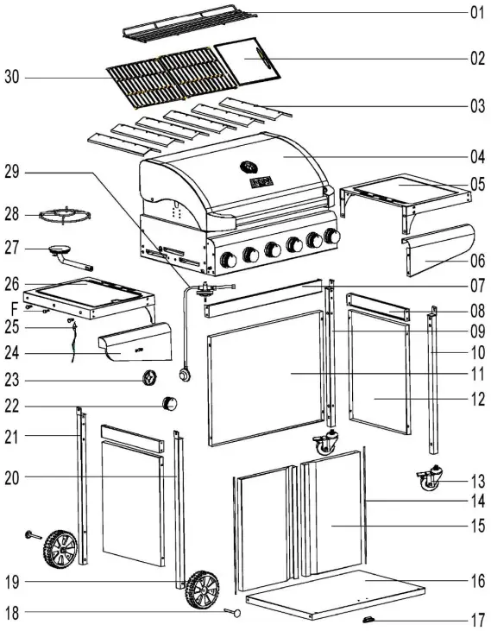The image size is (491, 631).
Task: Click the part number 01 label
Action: coord(477,13)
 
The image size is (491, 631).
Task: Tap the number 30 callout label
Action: coord(12,79)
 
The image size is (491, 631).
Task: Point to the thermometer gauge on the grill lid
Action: coord(248,166)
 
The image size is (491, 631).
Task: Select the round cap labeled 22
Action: coord(171,403)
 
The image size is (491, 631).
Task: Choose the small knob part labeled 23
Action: coord(149,377)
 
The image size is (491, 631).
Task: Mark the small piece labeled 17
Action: coord(370,620)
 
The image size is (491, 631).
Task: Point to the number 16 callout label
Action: coord(477,581)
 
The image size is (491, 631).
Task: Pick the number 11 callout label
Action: coord(477,374)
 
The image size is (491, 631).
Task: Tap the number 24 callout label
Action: coord(12,352)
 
